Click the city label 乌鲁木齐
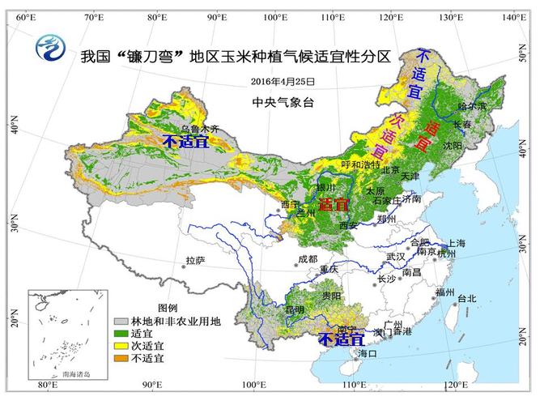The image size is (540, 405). point(199,129)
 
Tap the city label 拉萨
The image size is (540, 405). point(195,261)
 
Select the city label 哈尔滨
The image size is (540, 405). point(472,106)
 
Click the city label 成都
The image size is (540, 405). point(308,259)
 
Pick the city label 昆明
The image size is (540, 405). point(295,309)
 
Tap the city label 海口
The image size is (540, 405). point(368,353)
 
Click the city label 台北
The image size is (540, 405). point(467,298)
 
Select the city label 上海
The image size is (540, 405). point(457,243)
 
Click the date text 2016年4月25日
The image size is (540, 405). point(283,82)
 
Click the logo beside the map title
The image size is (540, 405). point(51,49)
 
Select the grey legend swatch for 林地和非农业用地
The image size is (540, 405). point(121,322)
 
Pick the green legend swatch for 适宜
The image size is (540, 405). point(121,333)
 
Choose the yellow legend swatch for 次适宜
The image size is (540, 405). point(121,345)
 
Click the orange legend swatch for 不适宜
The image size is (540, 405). point(121,357)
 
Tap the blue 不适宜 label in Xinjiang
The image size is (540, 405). point(185,142)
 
